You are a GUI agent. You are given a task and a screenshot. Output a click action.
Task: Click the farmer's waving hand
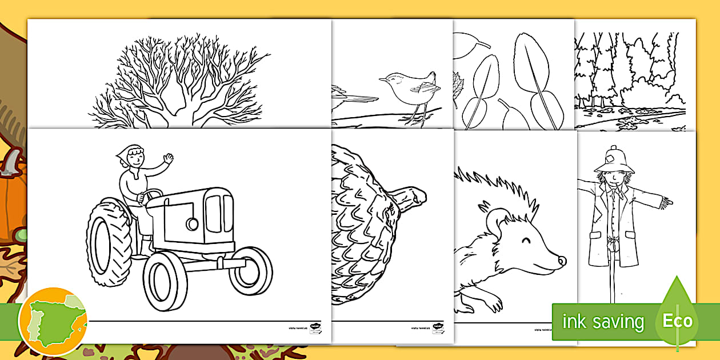[168, 158]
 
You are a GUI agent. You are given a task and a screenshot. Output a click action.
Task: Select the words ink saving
[603, 322]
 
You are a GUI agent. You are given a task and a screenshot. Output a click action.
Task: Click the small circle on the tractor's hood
[192, 223]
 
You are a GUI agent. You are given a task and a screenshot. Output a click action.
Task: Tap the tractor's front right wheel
[250, 270]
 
